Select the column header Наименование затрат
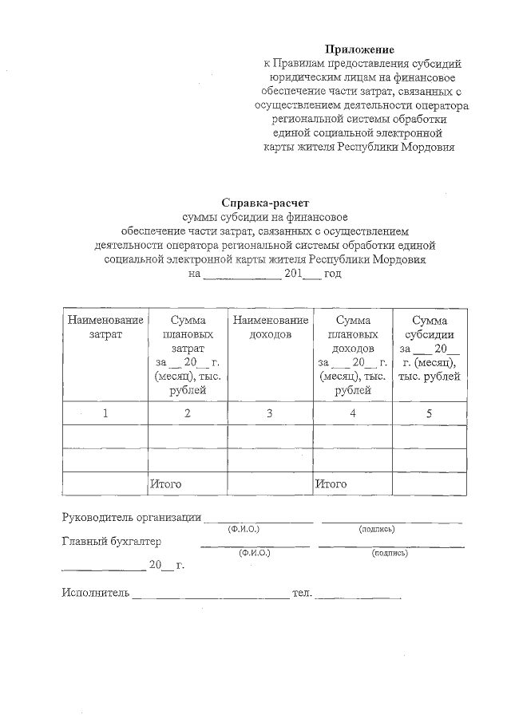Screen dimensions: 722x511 (x=105, y=327)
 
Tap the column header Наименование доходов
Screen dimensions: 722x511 (x=269, y=327)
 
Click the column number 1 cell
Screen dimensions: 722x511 (x=105, y=413)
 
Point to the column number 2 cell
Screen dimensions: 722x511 (x=188, y=413)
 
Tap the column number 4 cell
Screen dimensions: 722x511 (x=352, y=413)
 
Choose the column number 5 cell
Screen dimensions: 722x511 (x=429, y=413)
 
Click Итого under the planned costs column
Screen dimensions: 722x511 (x=166, y=483)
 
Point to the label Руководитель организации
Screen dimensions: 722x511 (x=132, y=517)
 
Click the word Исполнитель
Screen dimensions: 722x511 (x=95, y=593)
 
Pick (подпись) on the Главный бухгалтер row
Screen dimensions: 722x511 (x=390, y=552)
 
